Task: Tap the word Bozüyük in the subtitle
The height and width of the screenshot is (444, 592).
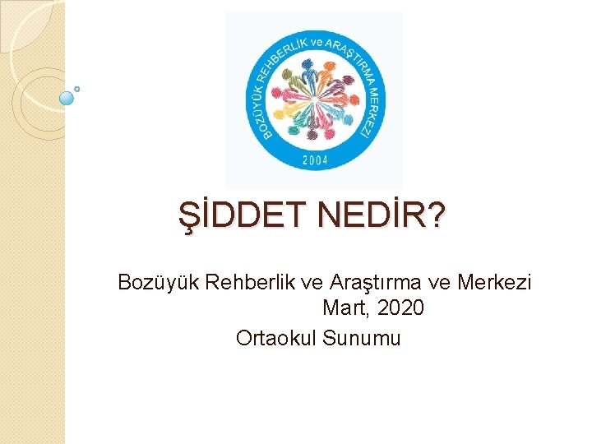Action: [159, 283]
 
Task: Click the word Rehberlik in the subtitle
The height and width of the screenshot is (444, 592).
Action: [254, 283]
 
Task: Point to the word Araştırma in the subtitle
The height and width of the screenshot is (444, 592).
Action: [375, 283]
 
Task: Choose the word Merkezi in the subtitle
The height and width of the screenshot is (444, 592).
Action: [496, 283]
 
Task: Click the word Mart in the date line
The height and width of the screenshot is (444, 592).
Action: [343, 310]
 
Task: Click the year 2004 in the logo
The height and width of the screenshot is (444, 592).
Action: [314, 160]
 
